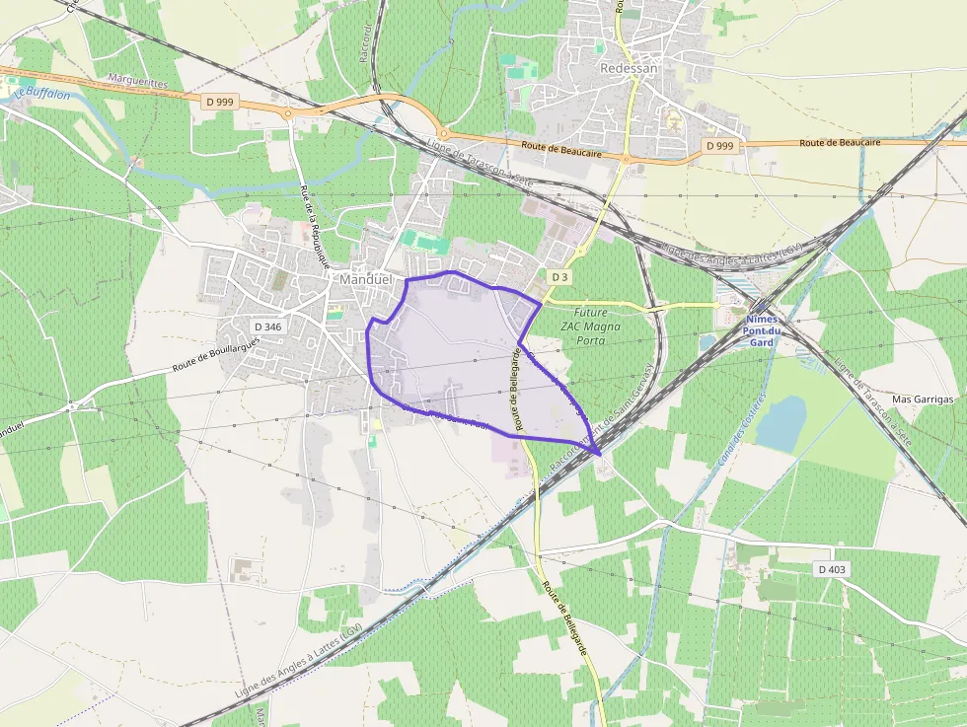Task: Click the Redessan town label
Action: [x=629, y=68]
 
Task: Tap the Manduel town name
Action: [x=365, y=279]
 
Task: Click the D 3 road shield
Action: [x=559, y=277]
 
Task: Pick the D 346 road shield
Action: [x=267, y=326]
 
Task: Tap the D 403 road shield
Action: [x=832, y=569]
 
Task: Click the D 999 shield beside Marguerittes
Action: [x=220, y=102]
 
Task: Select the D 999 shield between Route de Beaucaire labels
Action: [x=720, y=145]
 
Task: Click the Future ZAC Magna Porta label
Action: [x=590, y=326]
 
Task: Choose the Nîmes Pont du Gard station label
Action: [x=761, y=330]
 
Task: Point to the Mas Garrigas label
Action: [x=923, y=400]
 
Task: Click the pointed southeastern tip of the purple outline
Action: [x=599, y=455]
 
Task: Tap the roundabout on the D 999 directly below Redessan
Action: [x=626, y=157]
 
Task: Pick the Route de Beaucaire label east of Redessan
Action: [x=839, y=143]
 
